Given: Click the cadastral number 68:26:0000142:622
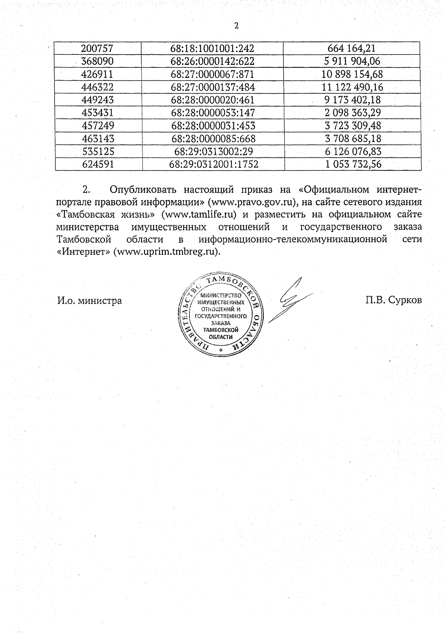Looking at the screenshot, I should click(212, 61).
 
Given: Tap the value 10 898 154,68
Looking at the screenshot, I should click(353, 74).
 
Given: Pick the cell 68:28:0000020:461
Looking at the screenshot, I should click(213, 100).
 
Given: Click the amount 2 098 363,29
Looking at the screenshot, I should click(353, 113).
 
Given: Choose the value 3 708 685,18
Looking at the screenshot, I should click(353, 139).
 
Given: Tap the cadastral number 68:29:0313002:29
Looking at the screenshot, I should click(213, 151).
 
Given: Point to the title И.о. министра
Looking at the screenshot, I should click(89, 300).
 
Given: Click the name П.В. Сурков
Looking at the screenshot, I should click(393, 300).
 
